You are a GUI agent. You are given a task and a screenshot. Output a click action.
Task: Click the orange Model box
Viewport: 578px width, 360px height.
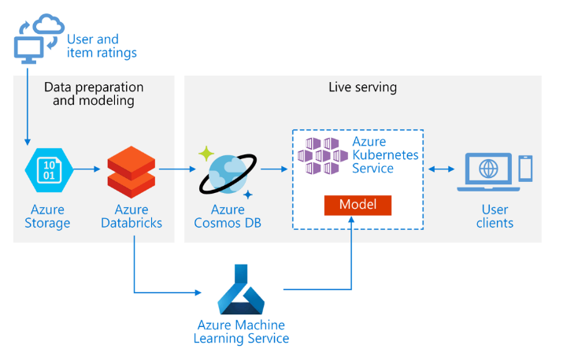pos(358,205)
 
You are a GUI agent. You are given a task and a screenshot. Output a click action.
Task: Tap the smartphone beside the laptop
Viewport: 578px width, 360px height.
pos(525,168)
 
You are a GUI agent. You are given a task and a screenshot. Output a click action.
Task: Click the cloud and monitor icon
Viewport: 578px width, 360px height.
pos(38,39)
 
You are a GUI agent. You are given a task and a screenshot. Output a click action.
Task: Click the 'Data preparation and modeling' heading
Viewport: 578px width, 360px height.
pos(94,93)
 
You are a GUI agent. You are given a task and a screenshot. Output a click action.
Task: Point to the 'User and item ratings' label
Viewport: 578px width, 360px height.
pos(102,46)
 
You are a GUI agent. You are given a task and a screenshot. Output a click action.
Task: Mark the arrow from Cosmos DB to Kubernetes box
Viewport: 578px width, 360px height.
pos(272,169)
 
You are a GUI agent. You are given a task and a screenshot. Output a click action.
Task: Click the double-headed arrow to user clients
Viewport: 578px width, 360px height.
pos(440,169)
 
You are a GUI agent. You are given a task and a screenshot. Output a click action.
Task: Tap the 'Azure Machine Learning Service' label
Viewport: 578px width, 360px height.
pos(241,332)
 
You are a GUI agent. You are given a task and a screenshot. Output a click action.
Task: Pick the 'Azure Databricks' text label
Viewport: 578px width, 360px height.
pos(132,216)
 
